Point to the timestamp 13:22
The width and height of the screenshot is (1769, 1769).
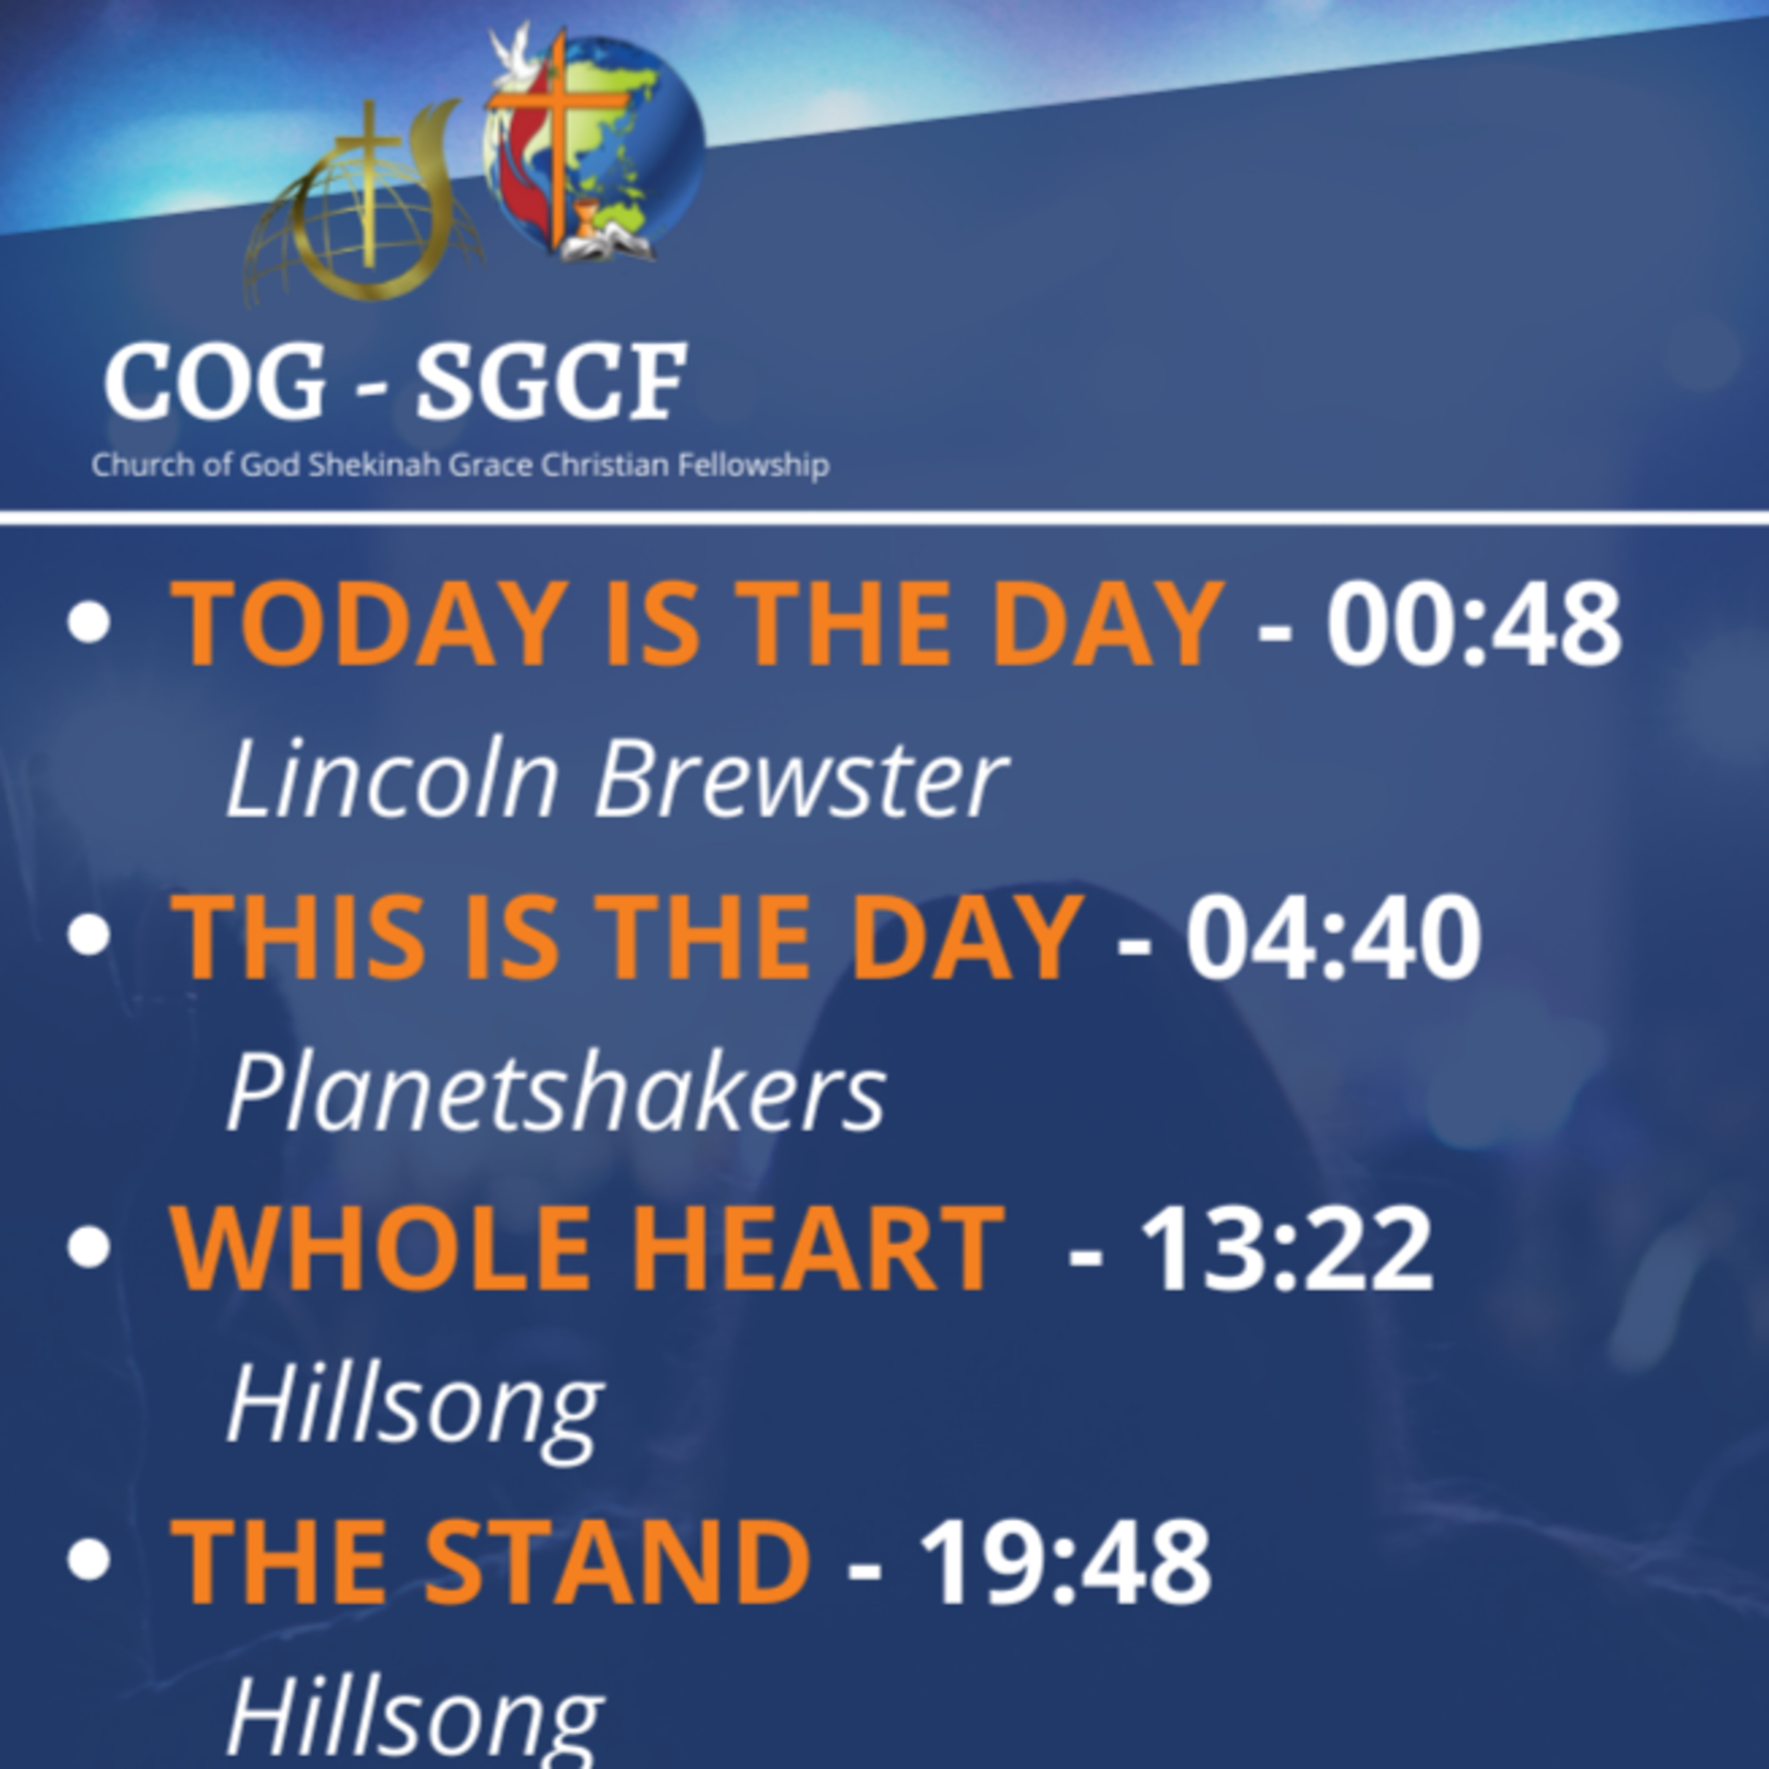pyautogui.click(x=1285, y=1248)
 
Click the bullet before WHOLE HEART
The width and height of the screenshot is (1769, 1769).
pyautogui.click(x=89, y=1247)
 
